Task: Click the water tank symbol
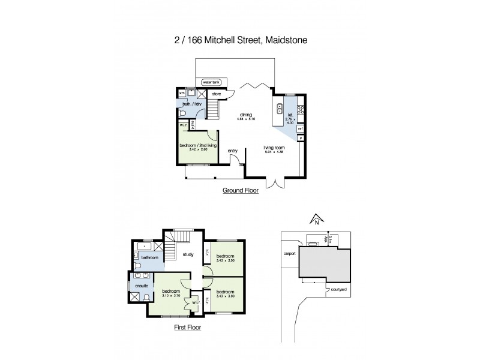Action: tap(212, 82)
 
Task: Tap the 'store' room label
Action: tap(217, 94)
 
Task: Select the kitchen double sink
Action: tap(280, 109)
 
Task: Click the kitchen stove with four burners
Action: tap(301, 109)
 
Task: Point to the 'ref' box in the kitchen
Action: tap(301, 128)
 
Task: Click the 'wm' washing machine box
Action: tap(182, 93)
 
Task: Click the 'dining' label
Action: tap(246, 114)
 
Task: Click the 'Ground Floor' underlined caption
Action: tap(240, 191)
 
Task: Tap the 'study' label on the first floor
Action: tap(187, 254)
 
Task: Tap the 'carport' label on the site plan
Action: tap(290, 253)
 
